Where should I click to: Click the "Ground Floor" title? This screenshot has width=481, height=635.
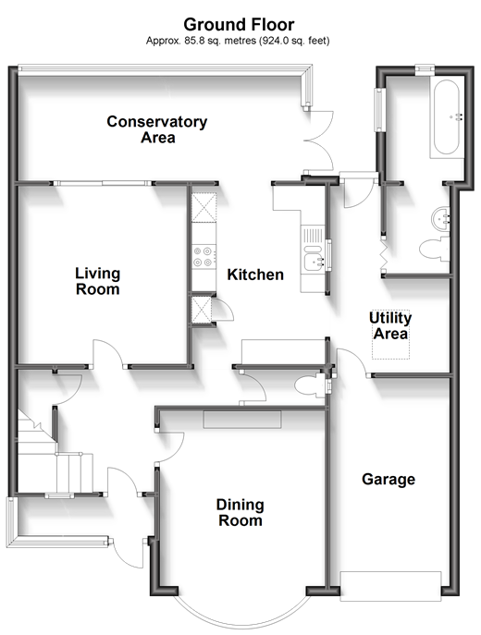[x=239, y=25]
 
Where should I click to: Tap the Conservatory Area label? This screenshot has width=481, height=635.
[x=157, y=129]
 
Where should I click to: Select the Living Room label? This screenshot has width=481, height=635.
[x=98, y=281]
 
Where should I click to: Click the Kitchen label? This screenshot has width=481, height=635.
[x=255, y=275]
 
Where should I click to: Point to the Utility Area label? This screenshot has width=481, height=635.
[x=390, y=325]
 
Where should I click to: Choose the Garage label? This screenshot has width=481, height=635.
[x=388, y=480]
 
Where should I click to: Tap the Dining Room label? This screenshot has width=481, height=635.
[x=240, y=512]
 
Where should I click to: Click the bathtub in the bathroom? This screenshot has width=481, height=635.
[x=447, y=116]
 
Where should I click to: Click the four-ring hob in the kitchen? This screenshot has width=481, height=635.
[x=203, y=257]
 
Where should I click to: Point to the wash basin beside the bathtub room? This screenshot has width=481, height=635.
[x=440, y=219]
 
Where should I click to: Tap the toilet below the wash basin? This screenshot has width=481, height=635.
[x=435, y=249]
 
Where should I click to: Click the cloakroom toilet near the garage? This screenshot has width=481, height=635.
[x=311, y=386]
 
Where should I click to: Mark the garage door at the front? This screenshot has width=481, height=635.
[x=390, y=586]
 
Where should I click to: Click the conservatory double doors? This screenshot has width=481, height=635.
[x=319, y=140]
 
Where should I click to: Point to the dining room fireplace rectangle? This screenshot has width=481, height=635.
[x=242, y=420]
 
